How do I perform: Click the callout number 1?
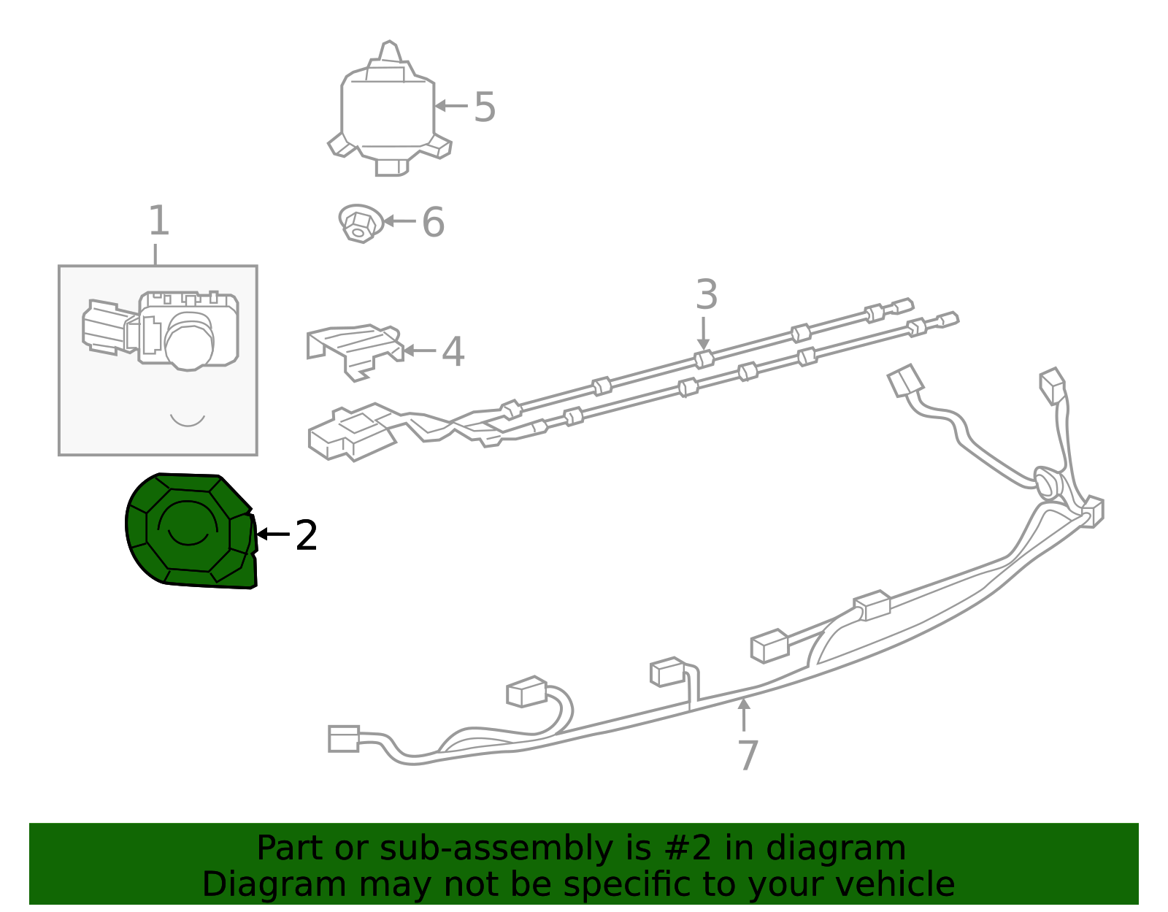158,221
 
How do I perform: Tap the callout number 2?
307,536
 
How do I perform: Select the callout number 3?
706,295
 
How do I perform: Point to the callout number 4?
453,352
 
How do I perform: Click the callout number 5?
485,107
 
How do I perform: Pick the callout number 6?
433,222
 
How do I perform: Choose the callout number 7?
748,755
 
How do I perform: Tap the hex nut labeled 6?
360,223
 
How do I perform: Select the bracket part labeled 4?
354,349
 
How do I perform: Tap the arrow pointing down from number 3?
703,332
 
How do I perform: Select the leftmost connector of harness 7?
343,738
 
